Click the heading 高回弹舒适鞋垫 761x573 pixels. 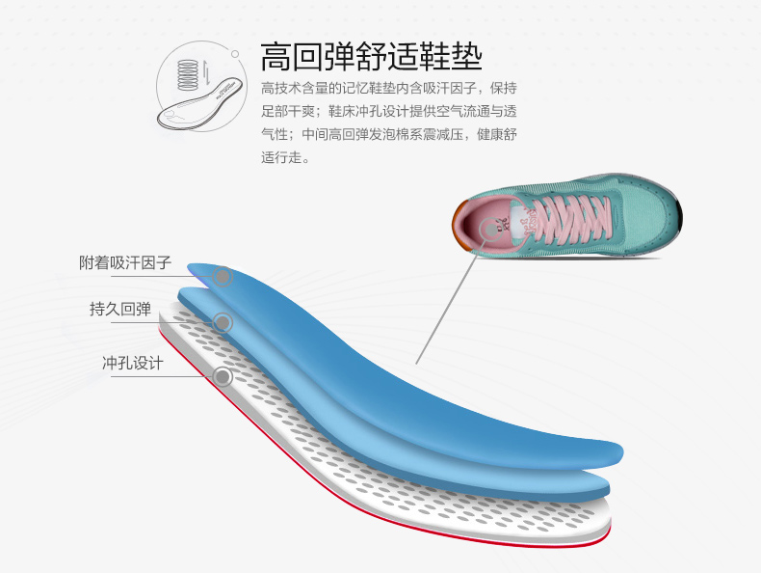tap(371, 57)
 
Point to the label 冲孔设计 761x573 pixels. tap(133, 364)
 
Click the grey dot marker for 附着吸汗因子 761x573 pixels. tap(223, 277)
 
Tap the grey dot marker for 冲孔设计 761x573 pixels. tap(223, 377)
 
